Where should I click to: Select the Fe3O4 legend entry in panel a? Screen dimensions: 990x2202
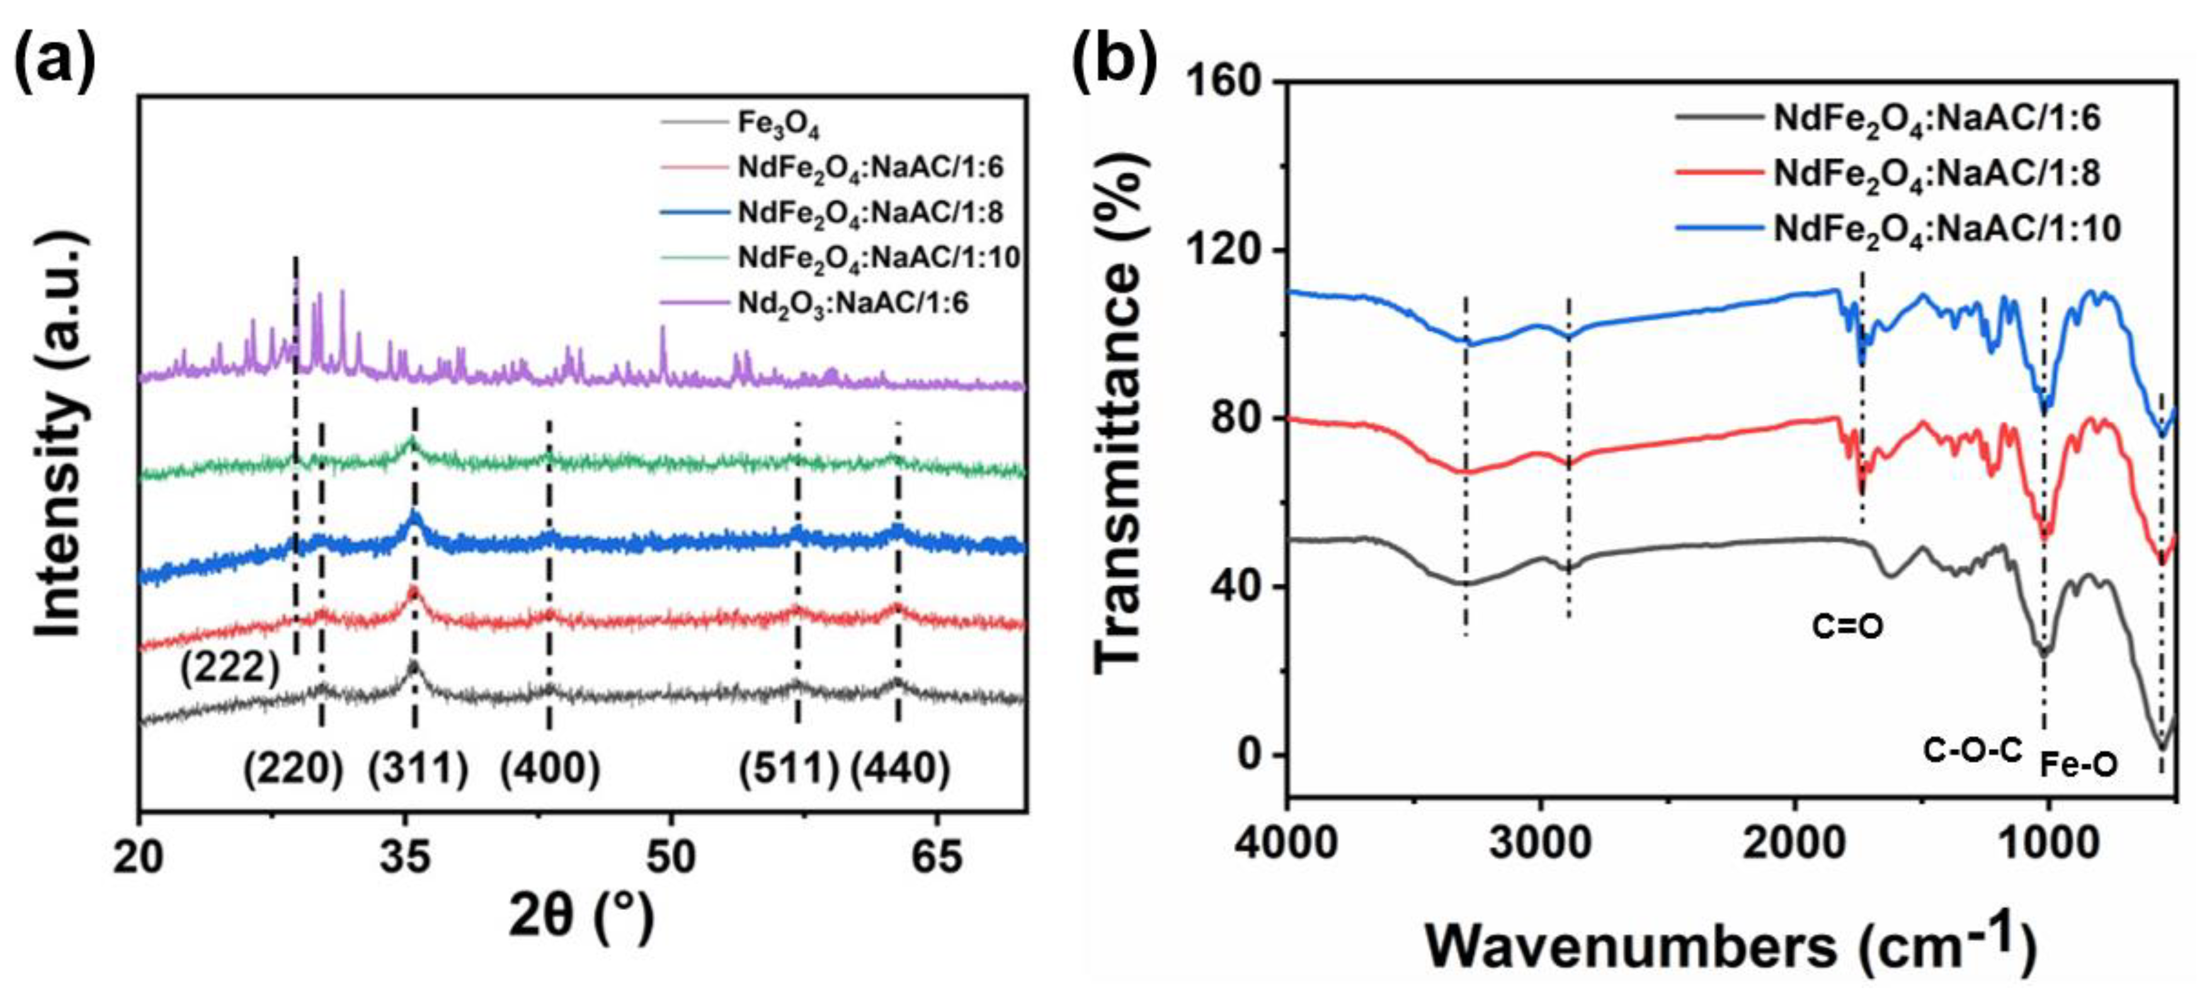[778, 125]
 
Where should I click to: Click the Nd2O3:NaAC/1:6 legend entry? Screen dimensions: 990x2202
[852, 303]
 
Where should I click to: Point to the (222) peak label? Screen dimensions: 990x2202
[229, 668]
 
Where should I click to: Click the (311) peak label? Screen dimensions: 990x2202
[418, 768]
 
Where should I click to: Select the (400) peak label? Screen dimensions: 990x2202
[550, 768]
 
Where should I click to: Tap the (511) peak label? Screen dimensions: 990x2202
[788, 768]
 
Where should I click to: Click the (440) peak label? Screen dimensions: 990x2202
[899, 768]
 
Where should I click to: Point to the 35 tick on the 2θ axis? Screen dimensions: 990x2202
[405, 858]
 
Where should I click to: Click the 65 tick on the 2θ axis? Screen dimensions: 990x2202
[937, 858]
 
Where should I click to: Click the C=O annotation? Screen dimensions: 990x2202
[1847, 627]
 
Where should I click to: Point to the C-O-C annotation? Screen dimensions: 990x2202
[1973, 751]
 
